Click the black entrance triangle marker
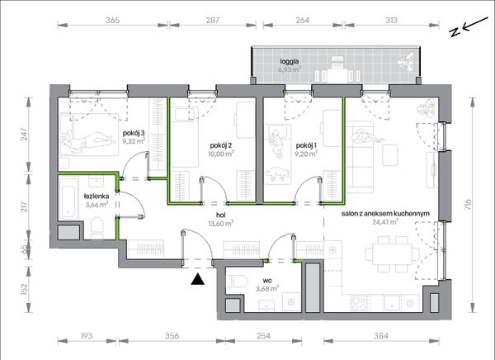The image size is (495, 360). (x=198, y=279)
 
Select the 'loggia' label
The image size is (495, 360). (x=290, y=61)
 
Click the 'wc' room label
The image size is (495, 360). (x=267, y=281)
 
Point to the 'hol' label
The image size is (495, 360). (x=220, y=216)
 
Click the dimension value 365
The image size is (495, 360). (x=112, y=20)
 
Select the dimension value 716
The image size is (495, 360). (x=468, y=205)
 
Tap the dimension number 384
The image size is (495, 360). (x=380, y=336)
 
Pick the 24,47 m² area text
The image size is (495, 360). (x=385, y=222)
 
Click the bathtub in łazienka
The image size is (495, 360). (x=69, y=198)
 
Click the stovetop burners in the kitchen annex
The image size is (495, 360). (x=360, y=303)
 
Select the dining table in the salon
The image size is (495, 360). (x=393, y=254)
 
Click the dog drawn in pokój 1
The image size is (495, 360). (x=277, y=174)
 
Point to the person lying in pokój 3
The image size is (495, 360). (x=87, y=140)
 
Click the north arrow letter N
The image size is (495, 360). (x=455, y=31)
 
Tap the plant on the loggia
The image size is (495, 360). (x=407, y=63)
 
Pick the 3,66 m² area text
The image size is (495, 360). (x=97, y=205)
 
